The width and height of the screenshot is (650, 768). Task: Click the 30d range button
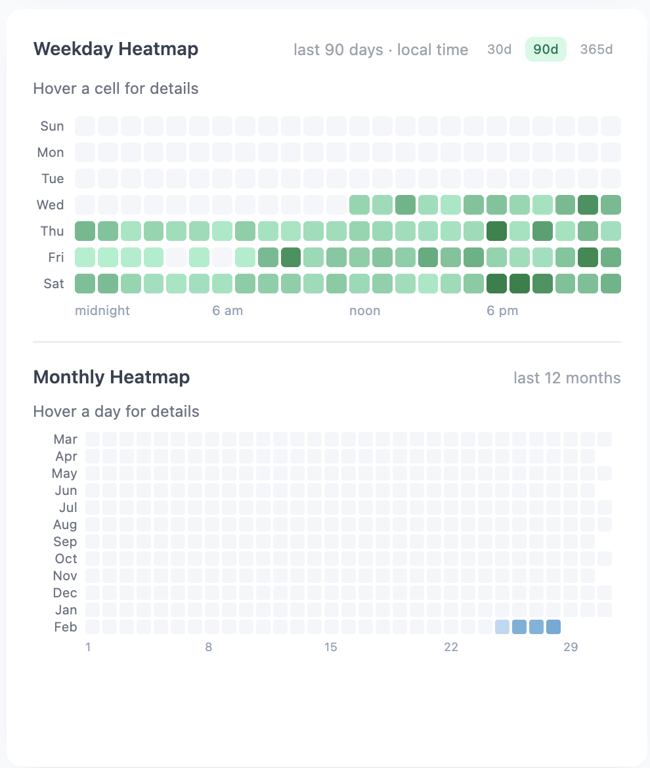pyautogui.click(x=499, y=50)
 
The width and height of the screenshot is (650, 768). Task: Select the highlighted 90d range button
pyautogui.click(x=546, y=50)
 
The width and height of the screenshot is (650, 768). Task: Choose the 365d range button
pyautogui.click(x=596, y=50)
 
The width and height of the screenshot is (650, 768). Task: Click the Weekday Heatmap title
pyautogui.click(x=116, y=49)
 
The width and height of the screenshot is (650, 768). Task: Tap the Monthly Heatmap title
pyautogui.click(x=111, y=377)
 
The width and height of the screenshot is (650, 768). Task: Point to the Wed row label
pyautogui.click(x=51, y=205)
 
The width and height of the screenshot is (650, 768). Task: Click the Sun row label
pyautogui.click(x=52, y=126)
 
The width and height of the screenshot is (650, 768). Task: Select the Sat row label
pyautogui.click(x=53, y=284)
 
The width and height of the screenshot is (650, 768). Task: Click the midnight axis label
pyautogui.click(x=102, y=310)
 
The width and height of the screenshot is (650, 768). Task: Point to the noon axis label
pyautogui.click(x=365, y=310)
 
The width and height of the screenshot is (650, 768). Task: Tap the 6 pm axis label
pyautogui.click(x=502, y=310)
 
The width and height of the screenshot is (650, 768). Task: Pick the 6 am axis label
pyautogui.click(x=228, y=310)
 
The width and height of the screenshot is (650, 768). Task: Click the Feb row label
pyautogui.click(x=65, y=627)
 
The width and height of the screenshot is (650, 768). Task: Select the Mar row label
pyautogui.click(x=65, y=439)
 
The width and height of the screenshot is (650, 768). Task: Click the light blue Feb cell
pyautogui.click(x=502, y=627)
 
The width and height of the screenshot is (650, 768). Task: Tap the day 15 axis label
pyautogui.click(x=330, y=647)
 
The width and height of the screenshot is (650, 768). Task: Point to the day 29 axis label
pyautogui.click(x=570, y=647)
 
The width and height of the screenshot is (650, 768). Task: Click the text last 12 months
pyautogui.click(x=567, y=378)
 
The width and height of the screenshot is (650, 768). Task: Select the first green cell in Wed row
pyautogui.click(x=359, y=205)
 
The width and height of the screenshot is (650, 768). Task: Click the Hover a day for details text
pyautogui.click(x=116, y=412)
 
